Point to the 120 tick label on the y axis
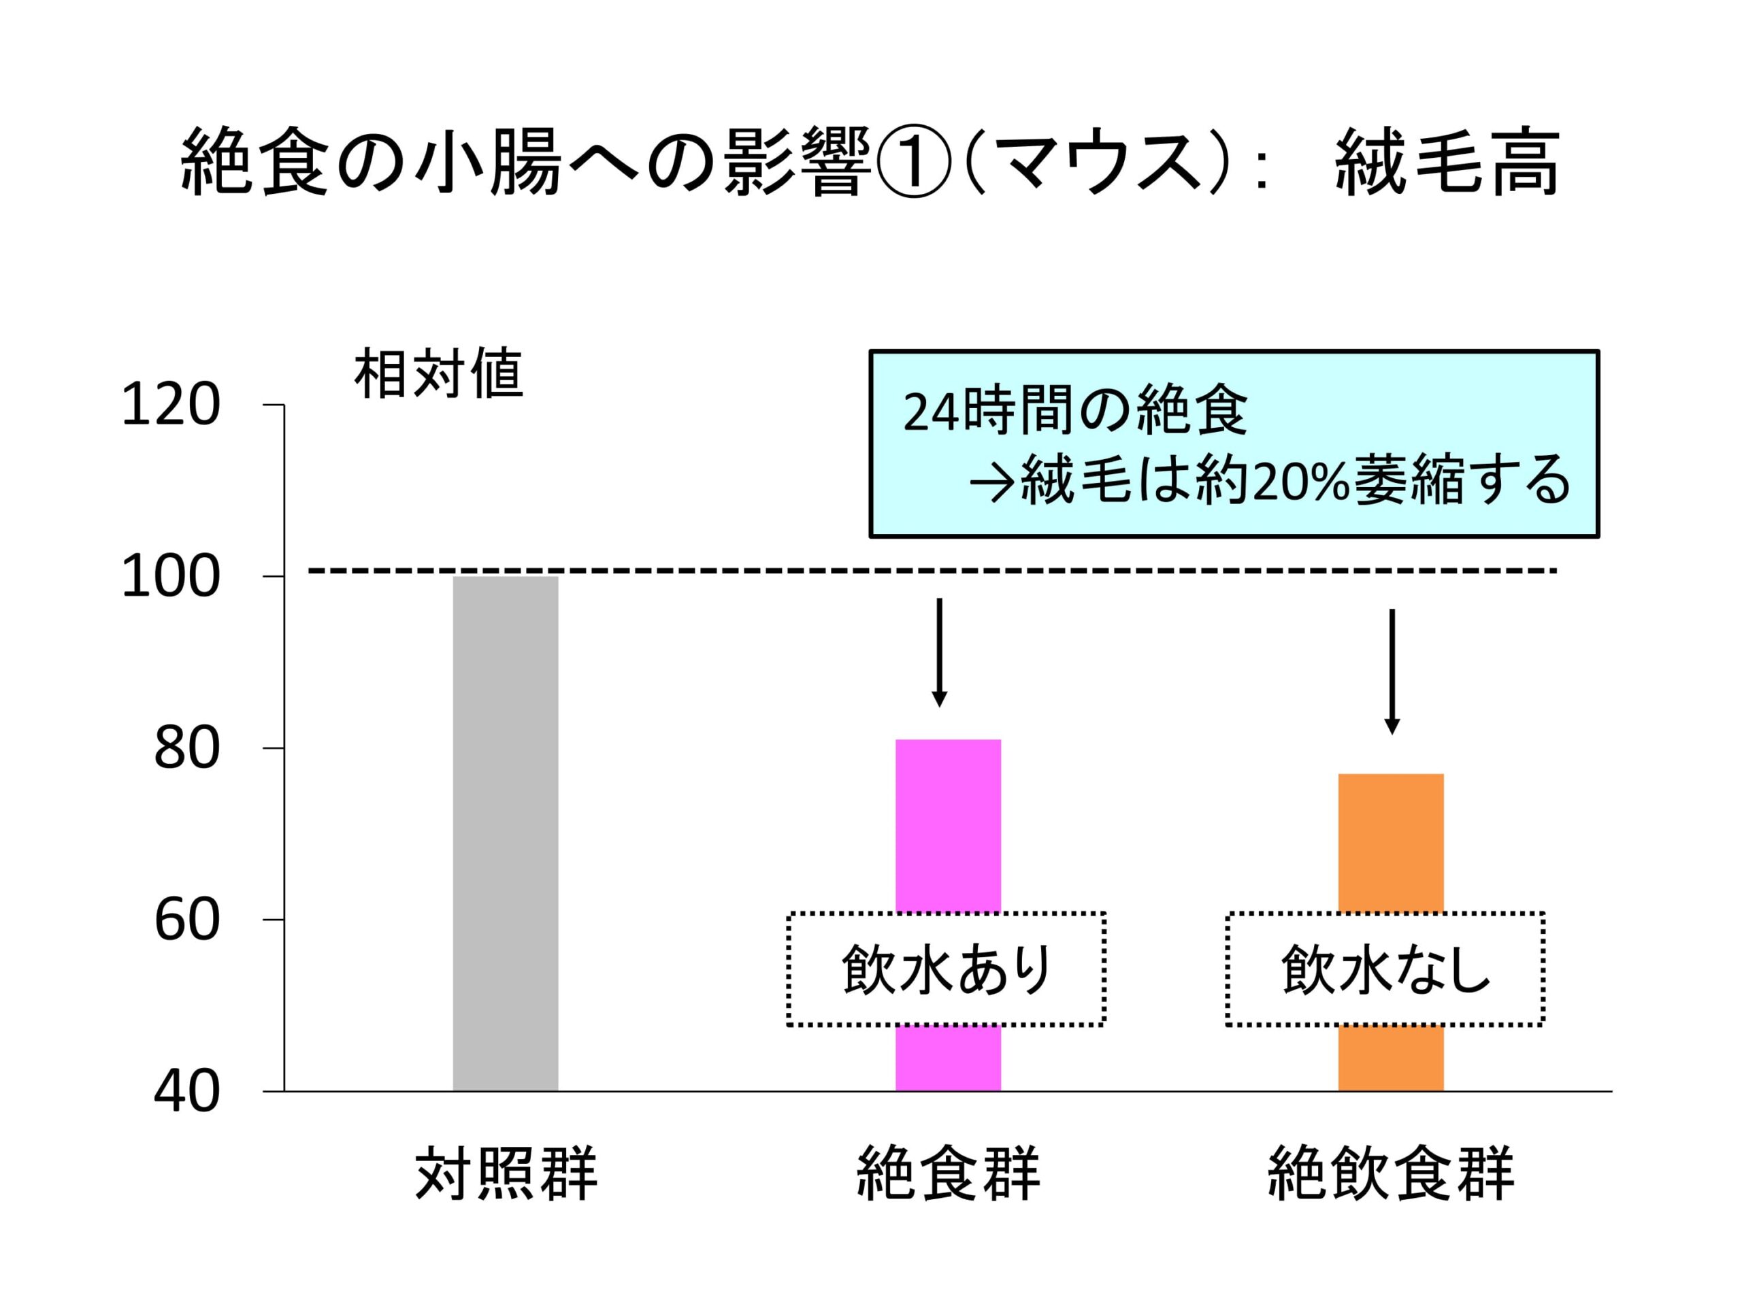[170, 406]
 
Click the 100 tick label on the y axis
[170, 577]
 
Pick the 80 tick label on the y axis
[186, 749]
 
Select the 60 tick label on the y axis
[186, 920]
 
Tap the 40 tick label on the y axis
[186, 1092]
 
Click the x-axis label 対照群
[506, 1175]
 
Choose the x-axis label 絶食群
[947, 1175]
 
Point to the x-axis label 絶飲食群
[1390, 1175]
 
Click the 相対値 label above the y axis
[439, 375]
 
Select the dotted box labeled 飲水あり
[946, 969]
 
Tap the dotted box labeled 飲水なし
[1385, 969]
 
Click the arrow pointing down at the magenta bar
[939, 652]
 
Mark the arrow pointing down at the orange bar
[1392, 671]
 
